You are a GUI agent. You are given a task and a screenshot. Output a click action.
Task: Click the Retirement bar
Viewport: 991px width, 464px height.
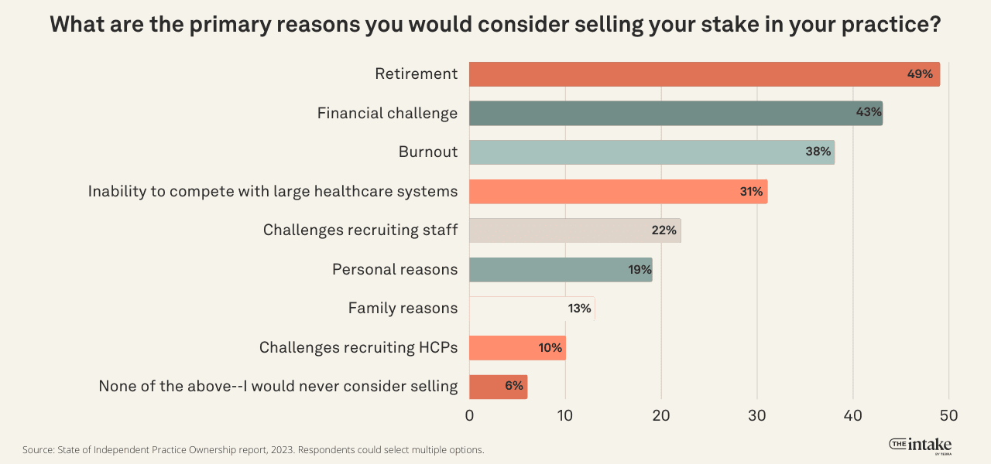tap(681, 74)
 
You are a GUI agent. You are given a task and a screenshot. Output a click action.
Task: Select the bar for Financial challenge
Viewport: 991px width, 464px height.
tap(658, 113)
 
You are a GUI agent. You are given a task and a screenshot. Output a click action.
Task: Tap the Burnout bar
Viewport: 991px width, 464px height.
tap(635, 152)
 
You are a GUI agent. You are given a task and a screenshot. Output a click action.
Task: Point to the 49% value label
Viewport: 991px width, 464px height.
tap(920, 74)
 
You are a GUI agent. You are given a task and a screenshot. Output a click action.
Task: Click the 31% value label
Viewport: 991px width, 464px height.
tap(751, 192)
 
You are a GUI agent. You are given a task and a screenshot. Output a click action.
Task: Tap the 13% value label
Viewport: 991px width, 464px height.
tap(579, 309)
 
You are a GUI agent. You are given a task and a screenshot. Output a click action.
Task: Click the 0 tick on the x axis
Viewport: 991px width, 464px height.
tap(469, 415)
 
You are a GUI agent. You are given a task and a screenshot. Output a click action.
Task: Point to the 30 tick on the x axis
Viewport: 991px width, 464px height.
tap(757, 415)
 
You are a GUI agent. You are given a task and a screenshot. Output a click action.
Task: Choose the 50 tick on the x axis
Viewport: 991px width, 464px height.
tap(948, 415)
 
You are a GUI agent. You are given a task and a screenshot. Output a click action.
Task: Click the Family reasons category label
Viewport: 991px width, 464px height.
tap(403, 309)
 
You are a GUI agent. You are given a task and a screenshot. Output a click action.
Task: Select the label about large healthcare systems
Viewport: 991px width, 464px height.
tap(273, 191)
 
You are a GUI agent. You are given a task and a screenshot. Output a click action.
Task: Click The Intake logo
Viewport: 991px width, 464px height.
tap(921, 445)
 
